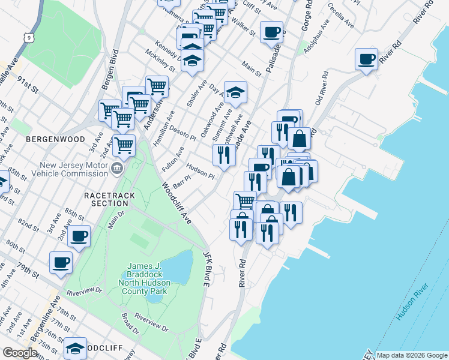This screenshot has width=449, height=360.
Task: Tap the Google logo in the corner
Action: coord(20,353)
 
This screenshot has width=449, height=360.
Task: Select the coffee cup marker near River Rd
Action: coord(366,59)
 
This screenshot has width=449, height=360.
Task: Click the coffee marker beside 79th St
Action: coord(61,262)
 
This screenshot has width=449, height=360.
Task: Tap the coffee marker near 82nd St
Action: coord(79,236)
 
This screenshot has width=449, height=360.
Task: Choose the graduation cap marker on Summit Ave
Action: coord(235,92)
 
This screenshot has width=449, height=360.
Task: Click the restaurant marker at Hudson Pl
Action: coord(224,155)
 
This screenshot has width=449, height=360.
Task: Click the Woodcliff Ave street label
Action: coord(176,203)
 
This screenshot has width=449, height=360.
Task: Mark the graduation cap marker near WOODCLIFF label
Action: coord(76,349)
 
